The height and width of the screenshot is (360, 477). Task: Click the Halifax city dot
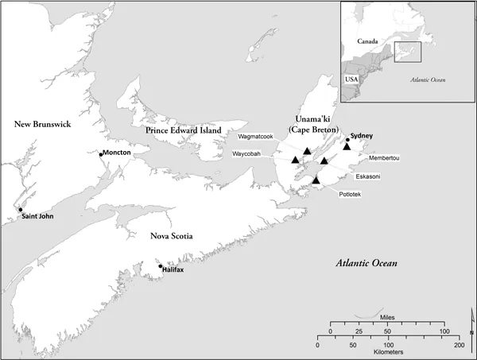point(161,266)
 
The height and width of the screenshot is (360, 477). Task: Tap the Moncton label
point(116,153)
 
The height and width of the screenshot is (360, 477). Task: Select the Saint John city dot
point(21,210)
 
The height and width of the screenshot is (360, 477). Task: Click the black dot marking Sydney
point(347,140)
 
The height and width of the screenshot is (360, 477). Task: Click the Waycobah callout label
point(250,153)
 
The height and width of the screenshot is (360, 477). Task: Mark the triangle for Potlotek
point(316,180)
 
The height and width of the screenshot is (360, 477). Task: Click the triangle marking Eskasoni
point(324,161)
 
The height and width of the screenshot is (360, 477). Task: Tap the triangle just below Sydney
point(347,146)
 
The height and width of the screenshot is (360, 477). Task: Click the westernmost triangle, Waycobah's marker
point(296,160)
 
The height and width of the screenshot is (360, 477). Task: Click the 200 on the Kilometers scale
point(458,345)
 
